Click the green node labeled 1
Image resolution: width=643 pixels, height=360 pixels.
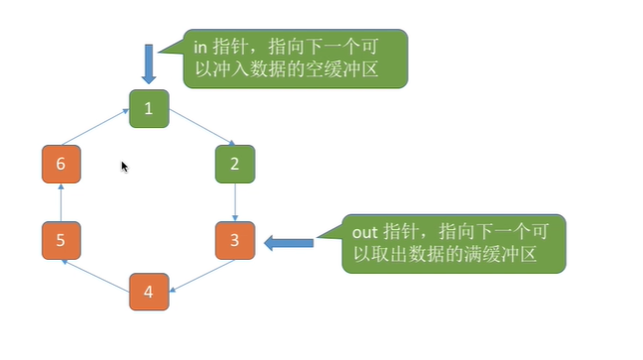pyautogui.click(x=148, y=108)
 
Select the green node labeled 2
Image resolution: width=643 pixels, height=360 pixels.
pyautogui.click(x=234, y=164)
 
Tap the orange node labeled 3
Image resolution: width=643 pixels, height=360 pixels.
pyautogui.click(x=234, y=240)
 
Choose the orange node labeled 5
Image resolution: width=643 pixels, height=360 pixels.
pyautogui.click(x=61, y=240)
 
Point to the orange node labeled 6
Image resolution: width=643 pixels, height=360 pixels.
pyautogui.click(x=61, y=164)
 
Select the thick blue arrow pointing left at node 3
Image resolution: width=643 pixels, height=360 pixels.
pyautogui.click(x=289, y=241)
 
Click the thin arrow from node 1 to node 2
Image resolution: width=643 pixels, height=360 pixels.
pyautogui.click(x=196, y=130)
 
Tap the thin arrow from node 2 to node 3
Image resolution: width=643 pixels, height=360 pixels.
pyautogui.click(x=235, y=202)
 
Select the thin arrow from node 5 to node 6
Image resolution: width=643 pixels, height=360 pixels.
pyautogui.click(x=61, y=202)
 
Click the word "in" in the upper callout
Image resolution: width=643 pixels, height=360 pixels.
pyautogui.click(x=198, y=47)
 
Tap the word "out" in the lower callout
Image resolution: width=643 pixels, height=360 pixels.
pyautogui.click(x=364, y=231)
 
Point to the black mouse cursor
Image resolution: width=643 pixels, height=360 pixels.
pyautogui.click(x=124, y=167)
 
